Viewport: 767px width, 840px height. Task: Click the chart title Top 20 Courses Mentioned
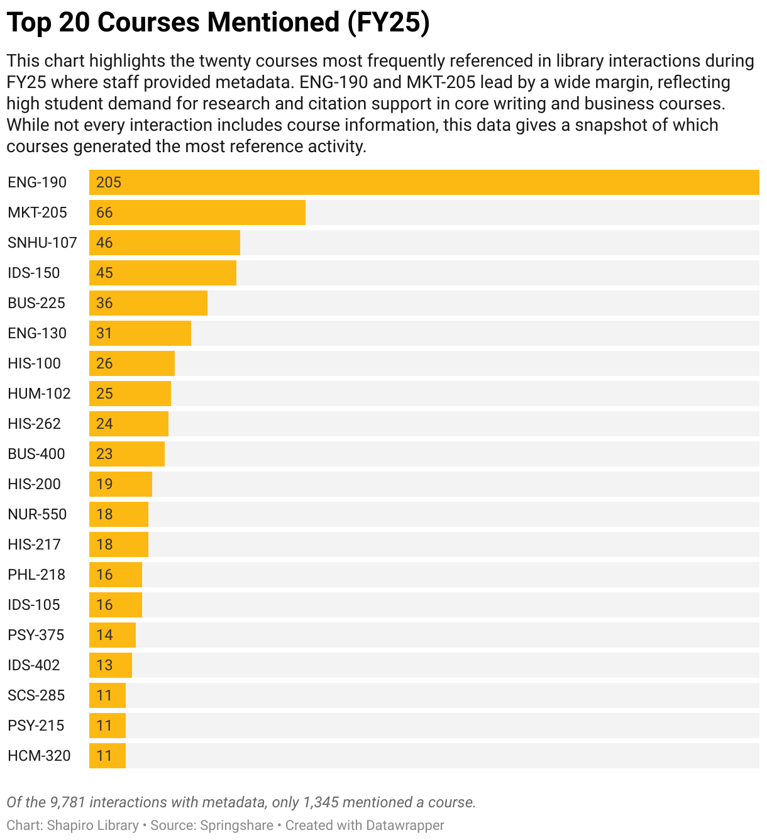(x=218, y=23)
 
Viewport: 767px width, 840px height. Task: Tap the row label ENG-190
(x=37, y=182)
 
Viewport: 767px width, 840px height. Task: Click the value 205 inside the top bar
(x=109, y=182)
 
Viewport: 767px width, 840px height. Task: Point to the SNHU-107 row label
(x=42, y=243)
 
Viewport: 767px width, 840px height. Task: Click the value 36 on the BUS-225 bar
(x=104, y=303)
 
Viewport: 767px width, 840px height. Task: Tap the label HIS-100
(x=34, y=363)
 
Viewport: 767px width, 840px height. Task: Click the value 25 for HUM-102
(x=104, y=394)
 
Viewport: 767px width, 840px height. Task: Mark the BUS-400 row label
(x=36, y=454)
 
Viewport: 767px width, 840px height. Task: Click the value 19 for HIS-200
(x=104, y=484)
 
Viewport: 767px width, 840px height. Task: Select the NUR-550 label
(x=37, y=514)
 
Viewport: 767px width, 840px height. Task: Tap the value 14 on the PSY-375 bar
(x=104, y=635)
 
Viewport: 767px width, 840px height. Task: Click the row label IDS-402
(x=34, y=665)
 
